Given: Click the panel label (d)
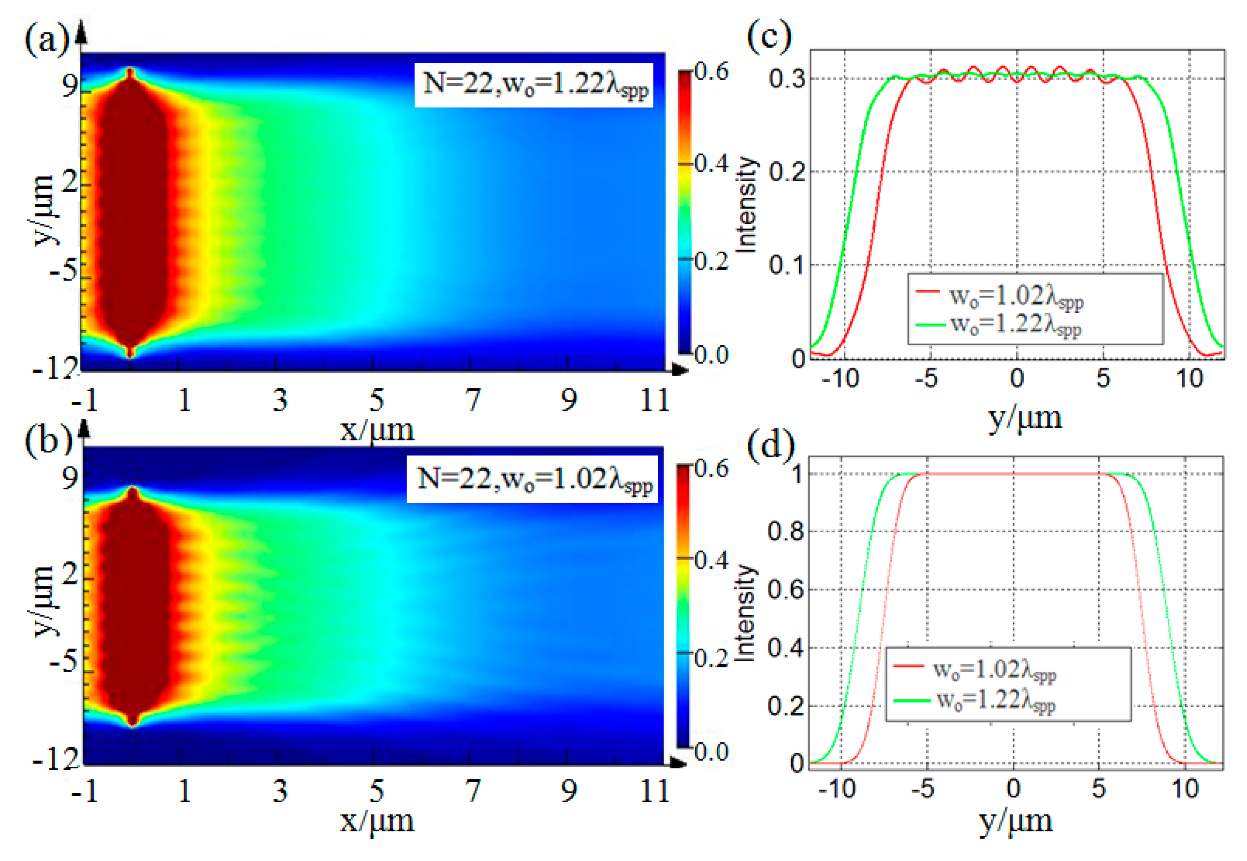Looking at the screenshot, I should coord(770,443).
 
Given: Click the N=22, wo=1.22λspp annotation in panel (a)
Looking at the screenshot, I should coord(535,85).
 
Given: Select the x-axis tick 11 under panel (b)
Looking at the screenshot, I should coord(655,791).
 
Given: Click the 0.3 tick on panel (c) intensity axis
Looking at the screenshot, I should coord(787,79).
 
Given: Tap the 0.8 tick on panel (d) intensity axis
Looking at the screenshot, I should coord(785,532).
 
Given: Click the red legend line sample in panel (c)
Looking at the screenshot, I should coord(928,292).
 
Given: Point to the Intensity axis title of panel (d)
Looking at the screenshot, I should coord(745,613).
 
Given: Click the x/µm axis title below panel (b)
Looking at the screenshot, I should coord(377,821).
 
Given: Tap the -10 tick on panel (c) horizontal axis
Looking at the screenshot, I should coord(840,379).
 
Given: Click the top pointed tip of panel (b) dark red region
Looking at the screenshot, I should coord(133,489).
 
